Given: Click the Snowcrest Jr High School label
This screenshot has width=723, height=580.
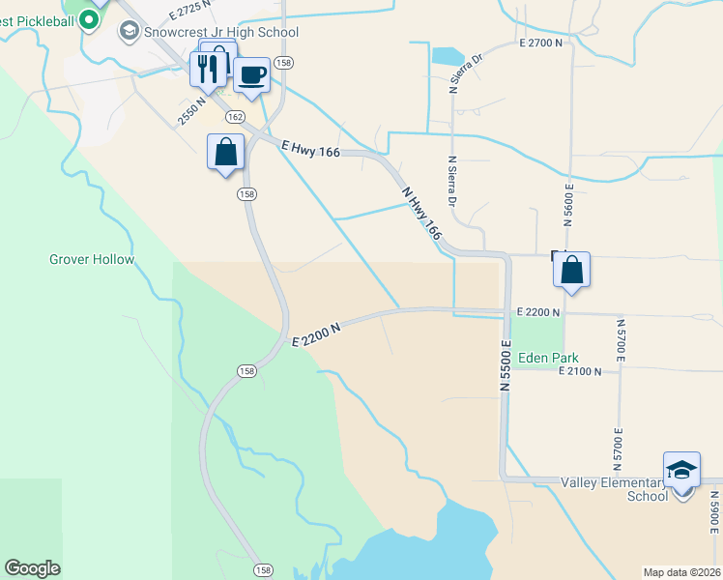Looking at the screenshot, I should tap(220, 32).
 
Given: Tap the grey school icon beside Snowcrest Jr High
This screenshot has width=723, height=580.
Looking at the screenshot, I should tap(129, 32).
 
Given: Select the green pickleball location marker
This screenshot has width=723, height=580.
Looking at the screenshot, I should tap(90, 18).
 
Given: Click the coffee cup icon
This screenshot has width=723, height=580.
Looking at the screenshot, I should tap(251, 74).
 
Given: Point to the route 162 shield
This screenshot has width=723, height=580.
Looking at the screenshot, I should tap(235, 116).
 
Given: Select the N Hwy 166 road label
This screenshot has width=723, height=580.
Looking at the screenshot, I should tap(420, 214).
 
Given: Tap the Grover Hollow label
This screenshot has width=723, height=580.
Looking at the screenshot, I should tap(92, 259).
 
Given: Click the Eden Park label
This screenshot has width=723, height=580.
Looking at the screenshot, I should tap(547, 358).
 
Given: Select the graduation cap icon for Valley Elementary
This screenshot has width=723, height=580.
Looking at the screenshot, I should tap(682, 470).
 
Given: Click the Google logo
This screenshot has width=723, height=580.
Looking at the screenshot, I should tap(32, 568).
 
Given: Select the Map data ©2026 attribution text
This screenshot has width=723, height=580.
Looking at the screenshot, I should tap(681, 572).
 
